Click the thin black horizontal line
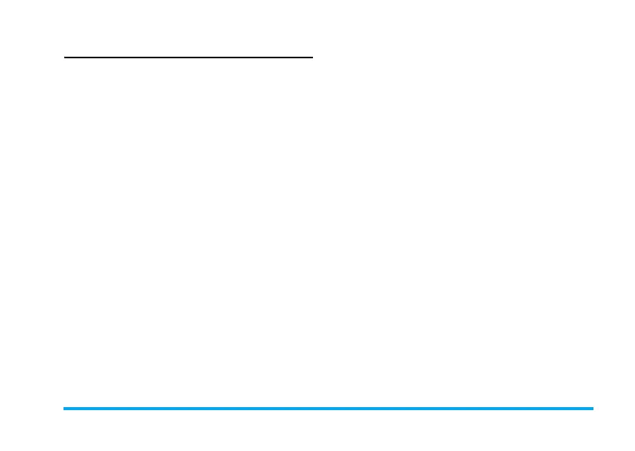click(x=188, y=57)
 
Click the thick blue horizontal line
click(x=328, y=409)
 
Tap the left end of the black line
click(x=65, y=57)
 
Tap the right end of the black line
click(x=311, y=57)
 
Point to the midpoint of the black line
click(x=188, y=57)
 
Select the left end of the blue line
click(x=64, y=409)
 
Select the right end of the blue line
click(x=593, y=409)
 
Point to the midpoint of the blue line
click(x=328, y=409)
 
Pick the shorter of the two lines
click(x=188, y=57)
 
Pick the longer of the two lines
click(x=328, y=409)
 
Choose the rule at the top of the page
click(x=188, y=57)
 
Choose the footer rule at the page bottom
click(x=328, y=409)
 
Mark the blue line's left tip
click(x=64, y=409)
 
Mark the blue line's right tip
click(x=593, y=409)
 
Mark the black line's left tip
click(x=65, y=57)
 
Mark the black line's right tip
click(x=311, y=57)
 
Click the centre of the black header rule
click(x=188, y=57)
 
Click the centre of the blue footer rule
click(x=328, y=409)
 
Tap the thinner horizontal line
click(x=188, y=57)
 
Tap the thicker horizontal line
click(x=328, y=409)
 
